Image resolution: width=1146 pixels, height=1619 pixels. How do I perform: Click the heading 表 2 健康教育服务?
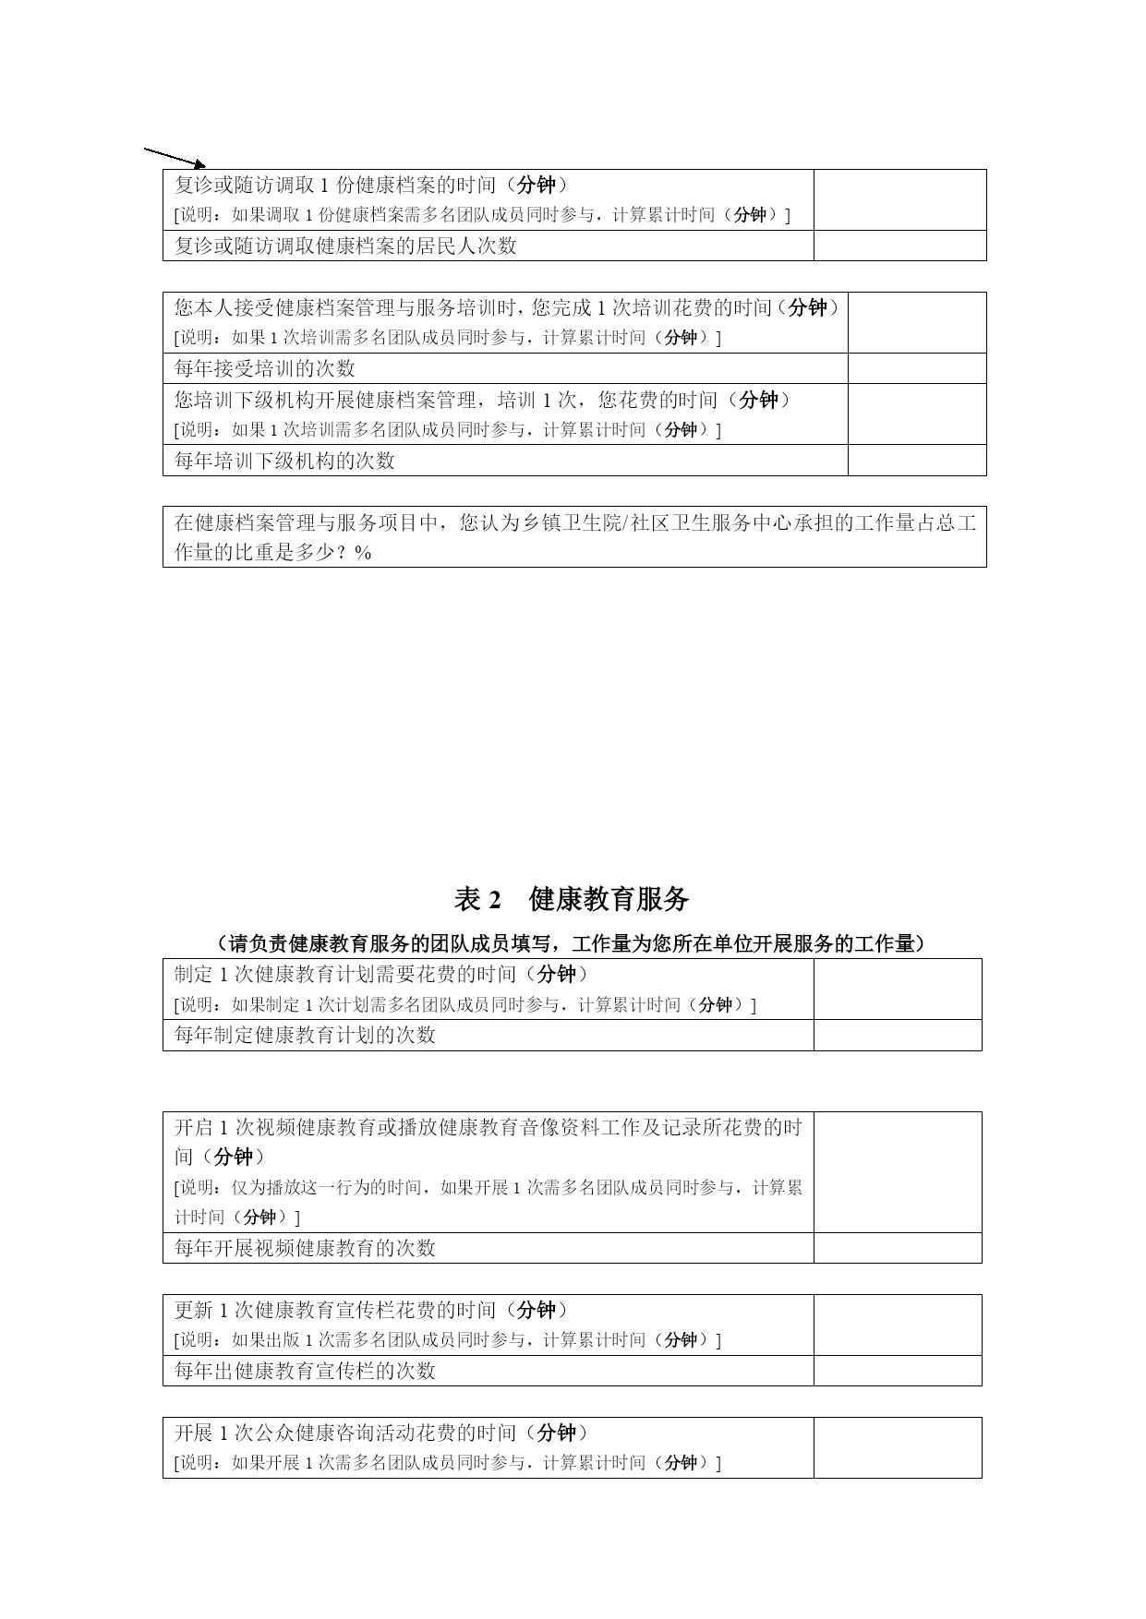[x=572, y=898]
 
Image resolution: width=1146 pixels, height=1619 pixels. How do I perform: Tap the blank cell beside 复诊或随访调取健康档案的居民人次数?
[x=899, y=246]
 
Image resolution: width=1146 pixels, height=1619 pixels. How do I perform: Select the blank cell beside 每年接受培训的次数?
[x=916, y=368]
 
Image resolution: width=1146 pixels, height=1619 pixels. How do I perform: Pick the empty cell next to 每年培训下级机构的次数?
[x=916, y=460]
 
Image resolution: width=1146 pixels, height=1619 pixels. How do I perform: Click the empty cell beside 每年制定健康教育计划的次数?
[x=897, y=1035]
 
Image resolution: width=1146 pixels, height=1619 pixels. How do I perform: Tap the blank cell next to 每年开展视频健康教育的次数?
[x=897, y=1248]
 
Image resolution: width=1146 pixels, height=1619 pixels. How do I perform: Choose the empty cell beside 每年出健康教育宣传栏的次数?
[x=897, y=1371]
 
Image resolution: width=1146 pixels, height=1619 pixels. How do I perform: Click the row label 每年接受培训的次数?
[x=265, y=368]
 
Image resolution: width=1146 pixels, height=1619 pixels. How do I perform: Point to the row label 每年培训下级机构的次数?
[x=284, y=460]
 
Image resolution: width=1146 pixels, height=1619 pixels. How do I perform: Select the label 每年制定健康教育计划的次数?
[x=305, y=1035]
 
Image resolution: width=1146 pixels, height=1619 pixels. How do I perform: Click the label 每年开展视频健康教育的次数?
[x=305, y=1248]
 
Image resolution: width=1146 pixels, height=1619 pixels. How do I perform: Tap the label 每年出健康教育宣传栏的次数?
[x=305, y=1371]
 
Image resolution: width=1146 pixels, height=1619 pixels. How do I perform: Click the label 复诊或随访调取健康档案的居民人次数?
[x=345, y=246]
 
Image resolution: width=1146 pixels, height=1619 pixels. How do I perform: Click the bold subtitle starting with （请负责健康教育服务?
[x=572, y=943]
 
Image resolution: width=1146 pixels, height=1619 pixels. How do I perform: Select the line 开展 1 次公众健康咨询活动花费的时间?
[x=381, y=1433]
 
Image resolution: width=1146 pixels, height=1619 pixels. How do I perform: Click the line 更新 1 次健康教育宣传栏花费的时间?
[x=371, y=1310]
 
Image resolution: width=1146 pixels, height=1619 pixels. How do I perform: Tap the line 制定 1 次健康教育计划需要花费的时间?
[x=381, y=974]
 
